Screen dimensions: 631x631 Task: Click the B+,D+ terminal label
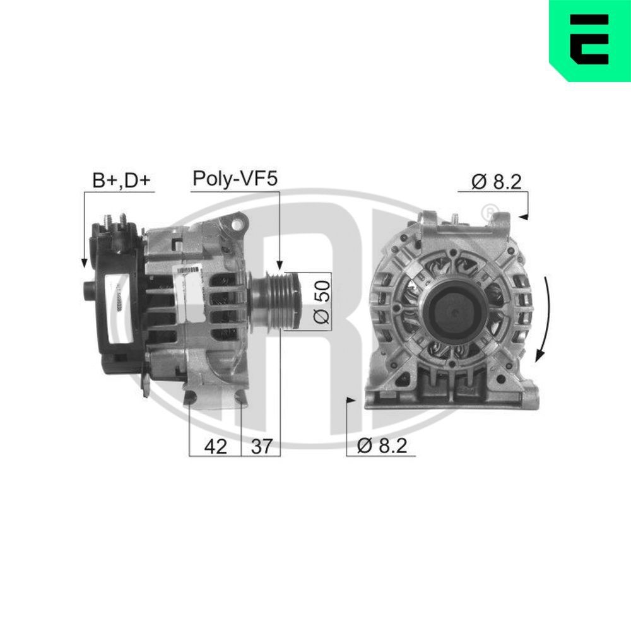[122, 180]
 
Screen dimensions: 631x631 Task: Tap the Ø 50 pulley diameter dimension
[322, 300]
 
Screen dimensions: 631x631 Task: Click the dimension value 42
[215, 446]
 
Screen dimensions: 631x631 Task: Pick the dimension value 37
[261, 446]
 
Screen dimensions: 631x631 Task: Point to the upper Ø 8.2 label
[496, 182]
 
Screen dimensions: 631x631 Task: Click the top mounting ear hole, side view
[239, 223]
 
